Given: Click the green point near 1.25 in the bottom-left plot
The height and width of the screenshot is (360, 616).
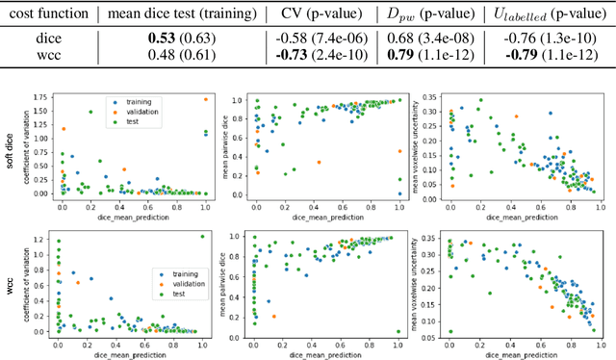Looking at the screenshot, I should click(202, 236).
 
